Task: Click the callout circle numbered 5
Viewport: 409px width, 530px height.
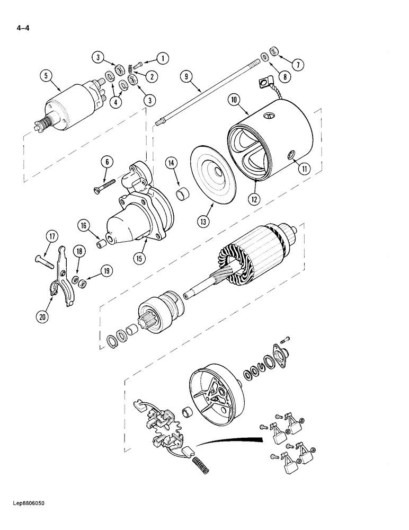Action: point(46,76)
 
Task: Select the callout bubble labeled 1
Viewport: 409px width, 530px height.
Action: point(162,58)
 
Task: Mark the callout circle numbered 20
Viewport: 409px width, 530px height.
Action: point(42,317)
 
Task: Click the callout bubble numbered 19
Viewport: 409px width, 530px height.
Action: point(108,271)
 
